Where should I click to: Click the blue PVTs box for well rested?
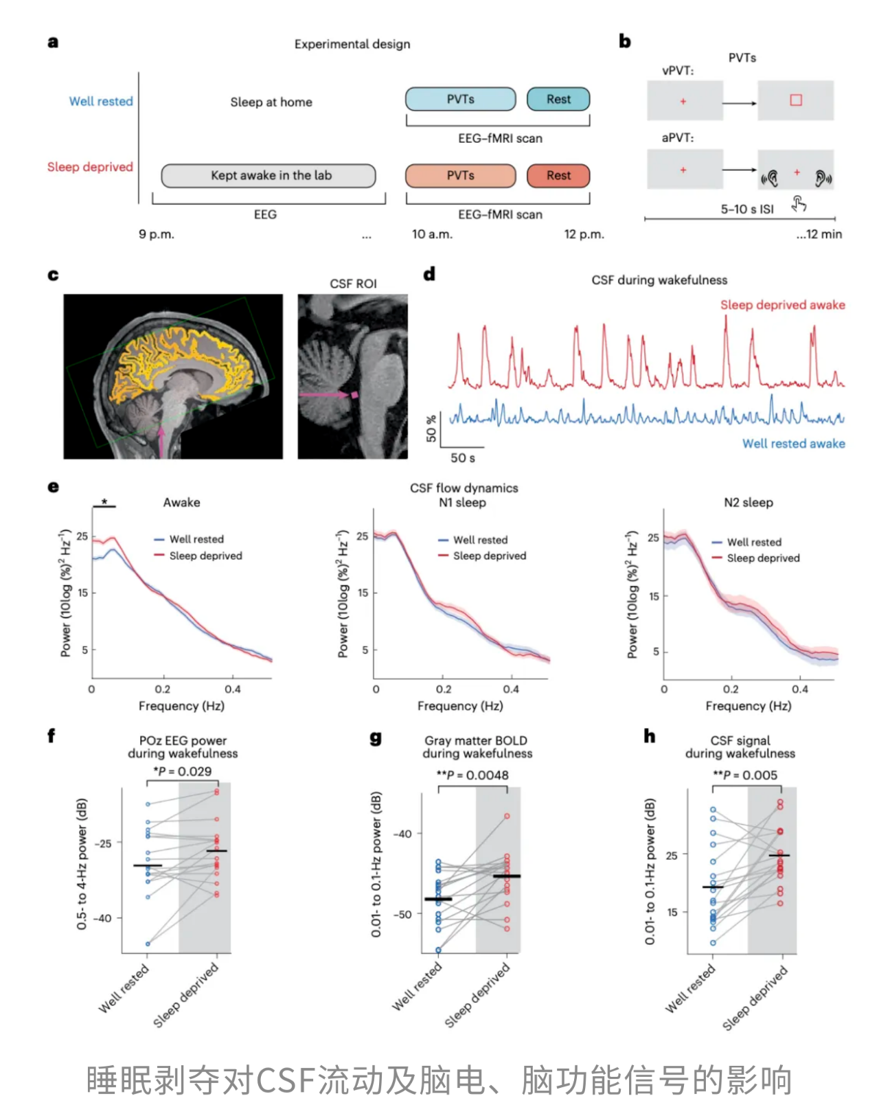pos(460,100)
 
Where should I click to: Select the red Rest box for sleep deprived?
pos(558,176)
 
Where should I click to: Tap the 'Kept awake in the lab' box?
pos(269,176)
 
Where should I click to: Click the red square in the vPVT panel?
pos(796,100)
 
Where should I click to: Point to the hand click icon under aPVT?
pos(799,203)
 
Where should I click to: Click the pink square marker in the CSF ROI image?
pos(355,395)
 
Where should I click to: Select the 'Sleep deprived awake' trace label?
pos(782,305)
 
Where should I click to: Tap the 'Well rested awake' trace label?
pos(793,444)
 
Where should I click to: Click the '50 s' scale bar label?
pos(462,457)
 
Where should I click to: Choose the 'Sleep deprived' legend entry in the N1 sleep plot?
pos(489,556)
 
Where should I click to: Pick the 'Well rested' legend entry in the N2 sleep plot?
pos(753,542)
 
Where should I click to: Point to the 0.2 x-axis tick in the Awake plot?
pos(163,689)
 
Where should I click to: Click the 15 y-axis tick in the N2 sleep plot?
pos(654,596)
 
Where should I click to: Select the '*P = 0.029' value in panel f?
pos(183,771)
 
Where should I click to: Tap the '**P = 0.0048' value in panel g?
pos(473,775)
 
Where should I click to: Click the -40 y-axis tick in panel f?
pos(102,918)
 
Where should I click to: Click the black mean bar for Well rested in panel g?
pos(438,899)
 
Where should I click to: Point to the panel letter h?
pos(649,736)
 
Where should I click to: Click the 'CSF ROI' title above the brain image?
pos(353,284)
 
